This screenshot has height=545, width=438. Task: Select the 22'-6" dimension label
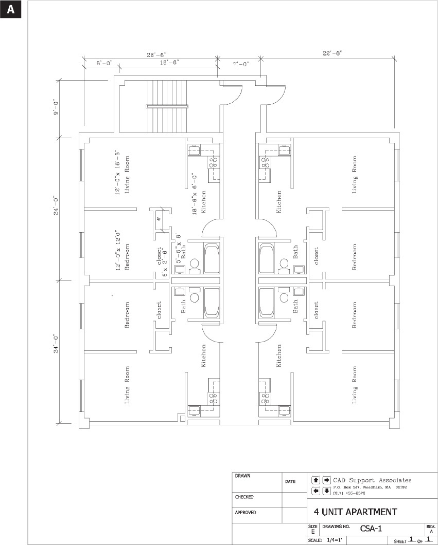(332, 52)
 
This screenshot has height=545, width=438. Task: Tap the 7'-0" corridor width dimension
(240, 64)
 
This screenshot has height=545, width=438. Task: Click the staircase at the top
(163, 106)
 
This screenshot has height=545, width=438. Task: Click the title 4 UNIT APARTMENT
(355, 512)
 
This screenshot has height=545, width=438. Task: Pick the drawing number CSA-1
(370, 528)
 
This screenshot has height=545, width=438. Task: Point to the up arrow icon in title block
(316, 480)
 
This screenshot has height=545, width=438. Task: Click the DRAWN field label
(243, 476)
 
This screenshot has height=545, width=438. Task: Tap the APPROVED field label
(246, 513)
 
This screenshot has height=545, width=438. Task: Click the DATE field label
(290, 482)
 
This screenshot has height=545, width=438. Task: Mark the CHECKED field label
(244, 497)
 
